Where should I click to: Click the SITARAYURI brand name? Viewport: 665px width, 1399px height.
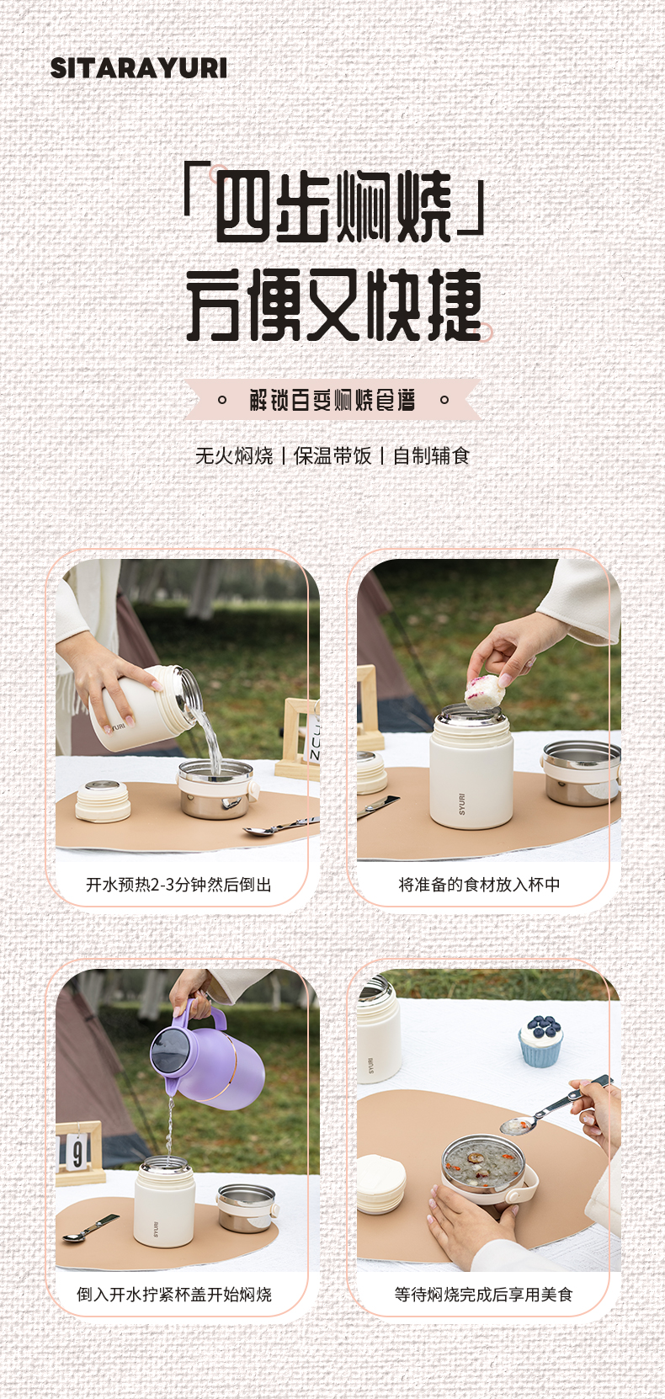(139, 68)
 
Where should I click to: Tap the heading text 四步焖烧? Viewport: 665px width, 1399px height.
(334, 206)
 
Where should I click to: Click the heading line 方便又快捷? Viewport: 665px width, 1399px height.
(334, 305)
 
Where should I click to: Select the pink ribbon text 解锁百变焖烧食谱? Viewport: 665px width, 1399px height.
(332, 400)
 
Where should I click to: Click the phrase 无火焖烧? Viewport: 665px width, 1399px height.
(234, 456)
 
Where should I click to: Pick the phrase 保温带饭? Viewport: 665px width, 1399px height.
(332, 456)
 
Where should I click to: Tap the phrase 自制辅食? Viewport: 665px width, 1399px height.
(431, 456)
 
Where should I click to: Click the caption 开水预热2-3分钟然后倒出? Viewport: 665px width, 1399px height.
(178, 885)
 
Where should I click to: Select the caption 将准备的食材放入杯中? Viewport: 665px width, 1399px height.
(479, 885)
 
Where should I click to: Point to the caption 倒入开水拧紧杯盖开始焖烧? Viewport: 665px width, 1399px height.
(174, 1295)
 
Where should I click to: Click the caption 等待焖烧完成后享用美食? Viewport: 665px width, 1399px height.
(483, 1295)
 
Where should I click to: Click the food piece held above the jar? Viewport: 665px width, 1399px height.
(484, 691)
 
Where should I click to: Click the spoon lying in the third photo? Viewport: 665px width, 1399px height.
(91, 1227)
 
